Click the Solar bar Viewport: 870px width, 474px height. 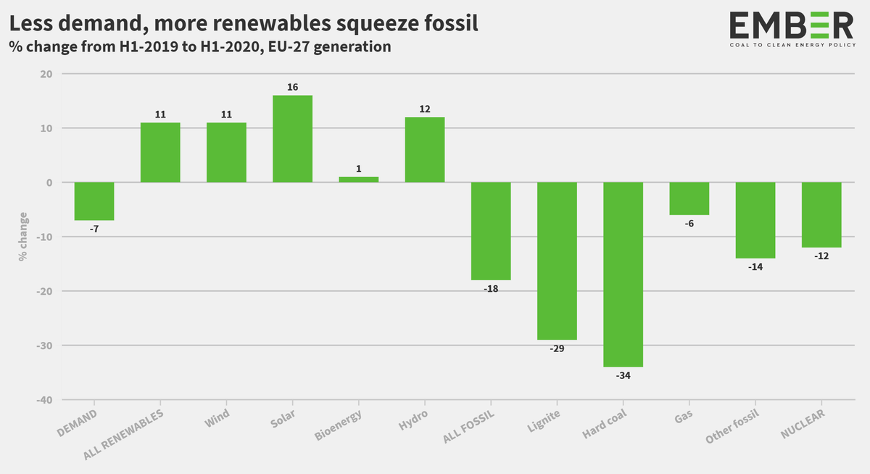coord(292,139)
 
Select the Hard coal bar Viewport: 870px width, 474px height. coord(623,274)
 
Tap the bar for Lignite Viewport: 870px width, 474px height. coord(557,261)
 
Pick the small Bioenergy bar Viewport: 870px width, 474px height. coord(359,179)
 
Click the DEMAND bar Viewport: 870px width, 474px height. coord(94,201)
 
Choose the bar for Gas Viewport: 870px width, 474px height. coord(689,198)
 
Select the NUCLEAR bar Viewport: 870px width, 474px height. coord(821,215)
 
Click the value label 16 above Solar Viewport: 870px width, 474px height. coord(292,87)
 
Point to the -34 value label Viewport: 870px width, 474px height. coord(623,376)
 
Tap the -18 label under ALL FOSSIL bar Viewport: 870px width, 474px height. coord(491,289)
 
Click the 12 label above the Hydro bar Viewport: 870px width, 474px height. coord(425,109)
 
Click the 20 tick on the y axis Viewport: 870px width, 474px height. coord(46,73)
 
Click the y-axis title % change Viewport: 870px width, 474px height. coord(23,236)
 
